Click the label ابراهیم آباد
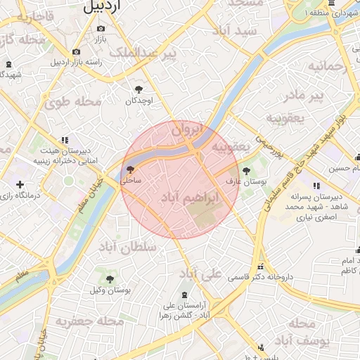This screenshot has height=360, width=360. pos(191,199)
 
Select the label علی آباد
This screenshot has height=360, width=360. pos(200,273)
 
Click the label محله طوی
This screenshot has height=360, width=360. pos(73,102)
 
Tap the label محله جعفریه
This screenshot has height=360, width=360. pos(90,321)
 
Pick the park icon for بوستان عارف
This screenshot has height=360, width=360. pos(246,170)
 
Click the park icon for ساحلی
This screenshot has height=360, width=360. pos(129,169)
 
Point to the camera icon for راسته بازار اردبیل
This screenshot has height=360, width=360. pos(76,51)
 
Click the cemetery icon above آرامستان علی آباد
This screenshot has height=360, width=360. pos(184,295)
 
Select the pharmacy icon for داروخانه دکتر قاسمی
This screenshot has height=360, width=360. pos(262,266)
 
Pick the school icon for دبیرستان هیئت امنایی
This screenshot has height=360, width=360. pos(65,140)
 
